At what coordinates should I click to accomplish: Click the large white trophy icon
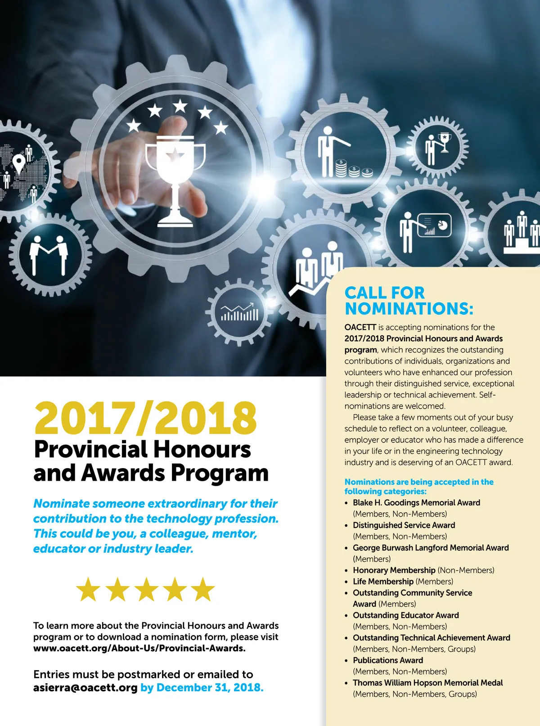[x=175, y=178]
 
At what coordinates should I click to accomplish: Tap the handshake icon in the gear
[x=49, y=257]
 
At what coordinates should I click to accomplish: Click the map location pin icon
[x=18, y=163]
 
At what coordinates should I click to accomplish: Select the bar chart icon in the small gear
[x=239, y=312]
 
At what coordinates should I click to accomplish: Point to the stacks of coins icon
[x=354, y=169]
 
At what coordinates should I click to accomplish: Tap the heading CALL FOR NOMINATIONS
[x=409, y=301]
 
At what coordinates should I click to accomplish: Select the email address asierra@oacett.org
[x=85, y=687]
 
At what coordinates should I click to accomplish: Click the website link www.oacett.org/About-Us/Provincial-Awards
[x=139, y=648]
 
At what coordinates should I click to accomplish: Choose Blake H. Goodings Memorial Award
[x=416, y=502]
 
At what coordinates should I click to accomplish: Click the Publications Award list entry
[x=388, y=660]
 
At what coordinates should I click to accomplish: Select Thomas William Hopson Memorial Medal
[x=427, y=682]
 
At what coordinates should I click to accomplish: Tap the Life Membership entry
[x=383, y=581]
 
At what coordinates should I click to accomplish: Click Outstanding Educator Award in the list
[x=405, y=615]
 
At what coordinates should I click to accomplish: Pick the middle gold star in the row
[x=146, y=589]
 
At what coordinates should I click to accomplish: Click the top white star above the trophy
[x=180, y=106]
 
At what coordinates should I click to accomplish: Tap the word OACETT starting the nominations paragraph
[x=360, y=327]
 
